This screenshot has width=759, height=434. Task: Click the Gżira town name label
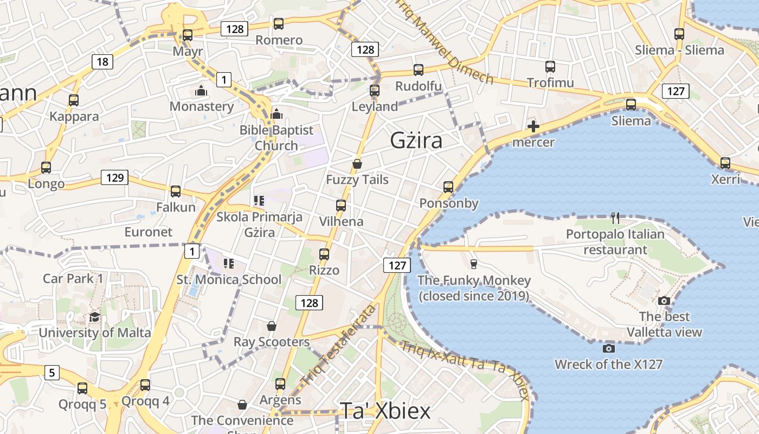coord(416,141)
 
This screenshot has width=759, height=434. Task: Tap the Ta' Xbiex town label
coord(385,411)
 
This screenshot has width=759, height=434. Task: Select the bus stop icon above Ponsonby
coord(448,187)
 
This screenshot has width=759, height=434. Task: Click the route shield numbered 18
coord(102,61)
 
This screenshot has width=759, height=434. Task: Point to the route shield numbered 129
coord(114,177)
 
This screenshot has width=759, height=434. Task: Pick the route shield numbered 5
coord(52,373)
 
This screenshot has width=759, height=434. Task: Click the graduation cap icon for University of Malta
coord(95,317)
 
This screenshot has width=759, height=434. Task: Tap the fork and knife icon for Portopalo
coord(615,218)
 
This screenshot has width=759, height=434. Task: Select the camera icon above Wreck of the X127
coord(608,348)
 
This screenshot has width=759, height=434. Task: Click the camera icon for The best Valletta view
coord(664,301)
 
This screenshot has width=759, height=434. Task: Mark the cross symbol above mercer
coord(533,127)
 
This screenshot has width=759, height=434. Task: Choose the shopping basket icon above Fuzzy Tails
coord(357,164)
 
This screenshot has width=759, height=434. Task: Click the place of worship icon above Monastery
coord(201,91)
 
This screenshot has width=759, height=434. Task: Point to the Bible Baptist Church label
coord(276,138)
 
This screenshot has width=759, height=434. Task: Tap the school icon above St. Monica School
coord(228,264)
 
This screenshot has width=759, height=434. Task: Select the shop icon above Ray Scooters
coord(272,326)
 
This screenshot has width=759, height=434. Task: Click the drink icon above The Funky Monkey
coord(474,264)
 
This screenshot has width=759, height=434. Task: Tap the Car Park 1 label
coord(73,279)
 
